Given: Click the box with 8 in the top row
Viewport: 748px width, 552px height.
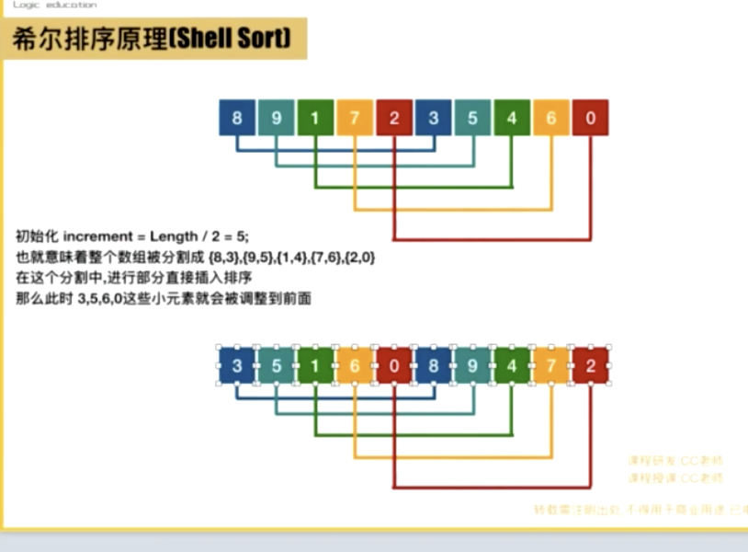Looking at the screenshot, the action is point(237,118).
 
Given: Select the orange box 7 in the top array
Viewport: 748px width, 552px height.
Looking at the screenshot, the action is point(355,118).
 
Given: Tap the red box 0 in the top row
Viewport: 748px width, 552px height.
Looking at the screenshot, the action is point(590,118).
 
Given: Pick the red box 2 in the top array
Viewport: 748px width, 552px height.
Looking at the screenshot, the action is point(394,118).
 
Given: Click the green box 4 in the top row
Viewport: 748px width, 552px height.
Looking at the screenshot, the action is point(512,118).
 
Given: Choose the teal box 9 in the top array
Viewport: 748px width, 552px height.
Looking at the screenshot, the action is point(277,118).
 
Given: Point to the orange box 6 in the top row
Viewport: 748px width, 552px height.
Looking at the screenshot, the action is point(551,118).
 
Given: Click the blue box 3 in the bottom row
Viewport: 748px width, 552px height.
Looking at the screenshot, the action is point(237,365).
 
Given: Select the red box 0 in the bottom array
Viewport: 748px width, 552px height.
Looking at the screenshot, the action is point(394,365).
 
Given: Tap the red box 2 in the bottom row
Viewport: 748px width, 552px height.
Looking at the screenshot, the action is point(590,365).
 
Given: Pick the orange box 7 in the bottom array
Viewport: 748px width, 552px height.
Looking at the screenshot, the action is point(551,365).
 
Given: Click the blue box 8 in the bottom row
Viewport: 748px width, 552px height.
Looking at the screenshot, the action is point(434,365).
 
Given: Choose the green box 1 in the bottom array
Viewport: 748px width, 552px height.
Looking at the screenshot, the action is point(315,365).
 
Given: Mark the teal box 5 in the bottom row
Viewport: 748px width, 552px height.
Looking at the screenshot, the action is point(277,365).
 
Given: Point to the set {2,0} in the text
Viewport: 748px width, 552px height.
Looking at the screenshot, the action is point(359,257).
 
